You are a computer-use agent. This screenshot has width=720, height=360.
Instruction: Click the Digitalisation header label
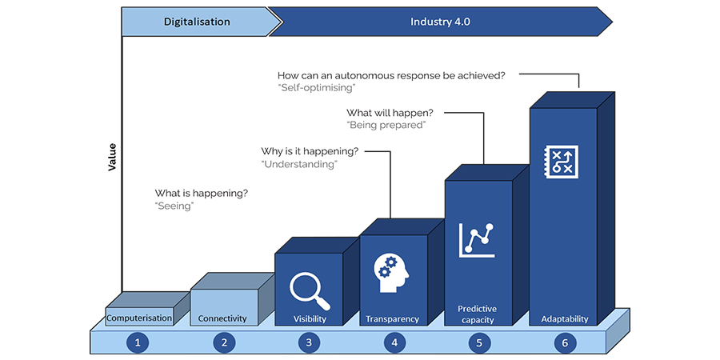coord(197,22)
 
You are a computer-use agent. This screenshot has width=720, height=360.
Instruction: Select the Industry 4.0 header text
coord(440,22)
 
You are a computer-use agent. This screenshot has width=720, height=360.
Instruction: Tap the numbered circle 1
coord(138,342)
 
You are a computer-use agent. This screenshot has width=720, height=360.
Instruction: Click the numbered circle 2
coord(223,342)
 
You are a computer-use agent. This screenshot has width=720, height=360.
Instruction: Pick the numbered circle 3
coord(309,342)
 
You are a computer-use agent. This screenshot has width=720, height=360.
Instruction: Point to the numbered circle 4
coord(394,342)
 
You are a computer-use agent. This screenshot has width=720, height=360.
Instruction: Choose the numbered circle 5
coord(479,342)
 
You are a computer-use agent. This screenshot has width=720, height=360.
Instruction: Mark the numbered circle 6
coord(564,342)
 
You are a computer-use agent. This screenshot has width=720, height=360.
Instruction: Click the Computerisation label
coord(140,318)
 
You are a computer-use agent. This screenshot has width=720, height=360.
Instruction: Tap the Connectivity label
coord(222,318)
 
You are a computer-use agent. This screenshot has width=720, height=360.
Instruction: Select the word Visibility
coord(309,318)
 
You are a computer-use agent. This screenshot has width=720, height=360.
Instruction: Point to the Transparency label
coord(392,318)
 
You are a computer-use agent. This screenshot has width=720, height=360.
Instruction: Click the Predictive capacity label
coord(478,314)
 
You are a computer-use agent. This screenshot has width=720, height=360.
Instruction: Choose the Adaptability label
coord(564,318)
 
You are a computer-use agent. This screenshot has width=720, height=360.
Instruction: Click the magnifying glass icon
coord(310,290)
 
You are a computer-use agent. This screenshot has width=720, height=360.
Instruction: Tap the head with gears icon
coord(391,270)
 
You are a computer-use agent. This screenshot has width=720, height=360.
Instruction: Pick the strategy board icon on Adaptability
coord(557,160)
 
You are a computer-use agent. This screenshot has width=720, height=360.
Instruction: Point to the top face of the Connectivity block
coord(232,282)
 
